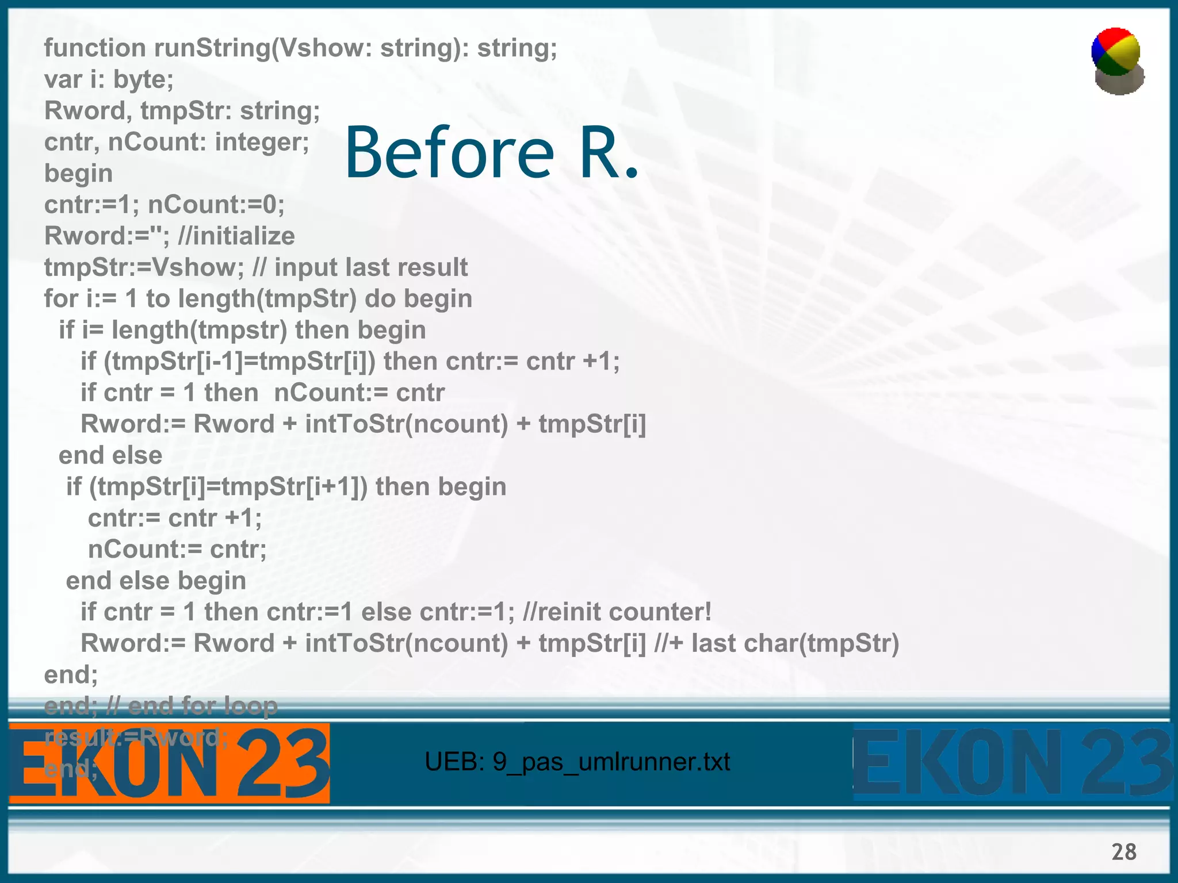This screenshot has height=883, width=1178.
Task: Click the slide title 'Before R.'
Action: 492,153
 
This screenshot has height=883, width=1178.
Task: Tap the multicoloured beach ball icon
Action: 1117,60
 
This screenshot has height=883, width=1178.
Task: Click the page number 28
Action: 1123,851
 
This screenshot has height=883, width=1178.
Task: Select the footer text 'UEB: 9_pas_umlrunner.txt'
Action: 577,762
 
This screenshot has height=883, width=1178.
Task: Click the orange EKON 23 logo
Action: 169,763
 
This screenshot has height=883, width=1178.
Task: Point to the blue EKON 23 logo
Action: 1012,763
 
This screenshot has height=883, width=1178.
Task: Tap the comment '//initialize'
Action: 236,236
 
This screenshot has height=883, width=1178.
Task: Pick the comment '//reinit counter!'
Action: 617,612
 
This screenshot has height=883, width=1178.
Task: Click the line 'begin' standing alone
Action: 78,174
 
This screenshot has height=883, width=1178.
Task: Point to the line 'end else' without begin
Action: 110,455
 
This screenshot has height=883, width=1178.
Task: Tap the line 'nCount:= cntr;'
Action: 177,550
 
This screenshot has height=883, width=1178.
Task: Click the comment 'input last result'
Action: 371,267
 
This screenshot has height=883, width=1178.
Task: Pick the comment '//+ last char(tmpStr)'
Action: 777,643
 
